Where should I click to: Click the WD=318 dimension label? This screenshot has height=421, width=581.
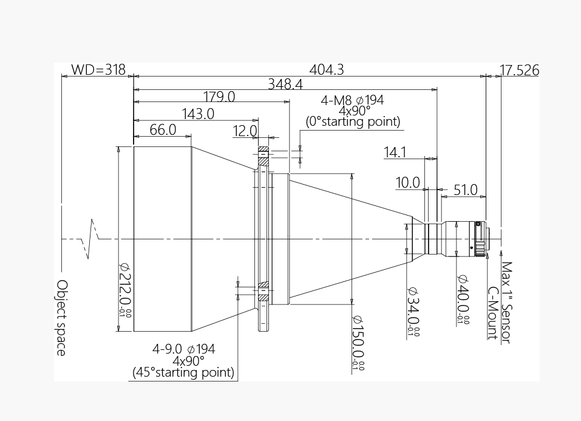coord(98,69)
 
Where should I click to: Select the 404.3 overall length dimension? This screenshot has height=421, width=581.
coord(327,69)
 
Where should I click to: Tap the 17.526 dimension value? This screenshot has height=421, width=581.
coord(520,70)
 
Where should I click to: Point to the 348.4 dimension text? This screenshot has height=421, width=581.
coord(285,84)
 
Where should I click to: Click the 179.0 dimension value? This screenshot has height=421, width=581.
coord(219,97)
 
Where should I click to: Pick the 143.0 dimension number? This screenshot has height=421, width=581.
coord(198,114)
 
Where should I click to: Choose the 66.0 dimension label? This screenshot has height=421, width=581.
coord(163,130)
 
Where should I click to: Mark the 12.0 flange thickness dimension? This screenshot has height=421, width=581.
coord(245,131)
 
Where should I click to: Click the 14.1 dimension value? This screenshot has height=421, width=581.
coord(395,152)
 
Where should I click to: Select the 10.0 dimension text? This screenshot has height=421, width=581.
coord(407,182)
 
